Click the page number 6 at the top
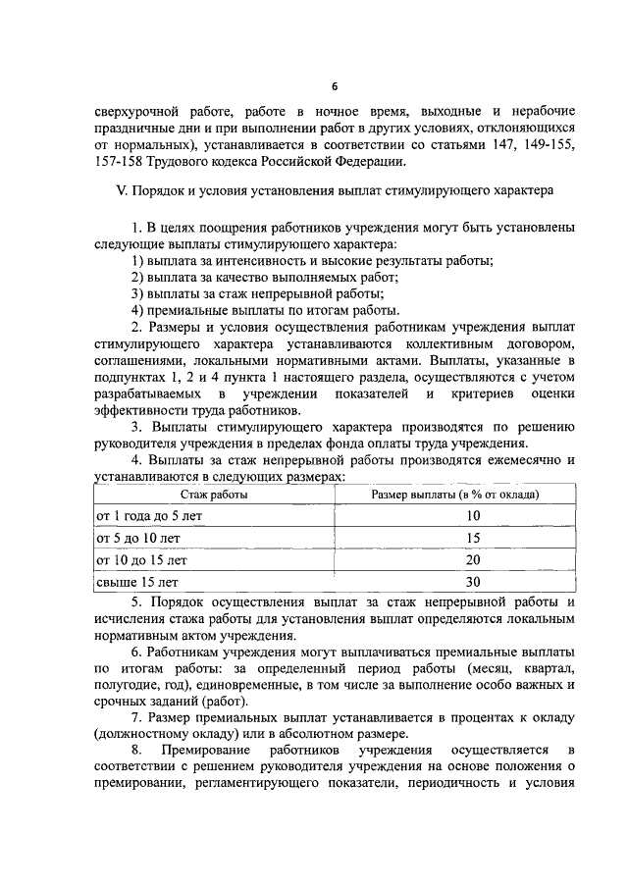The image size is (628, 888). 333,85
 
